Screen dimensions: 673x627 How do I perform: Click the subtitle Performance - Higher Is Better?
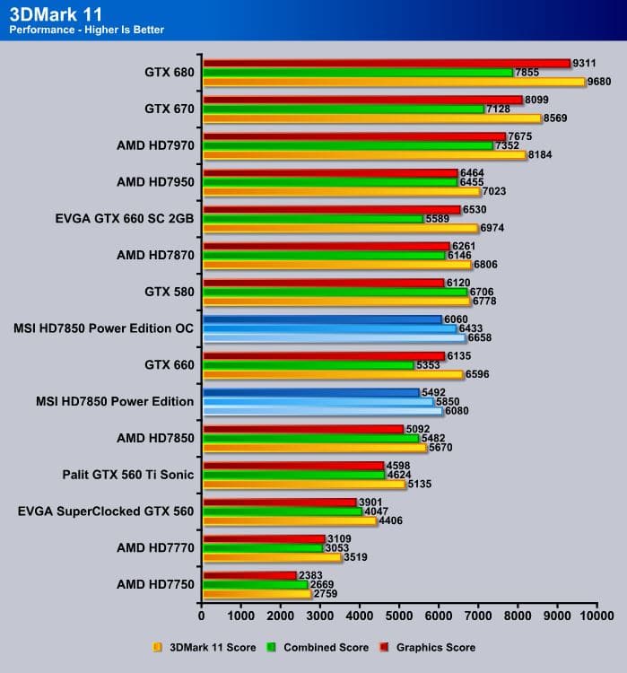tap(86, 30)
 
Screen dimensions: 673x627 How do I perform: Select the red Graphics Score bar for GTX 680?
tap(387, 63)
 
